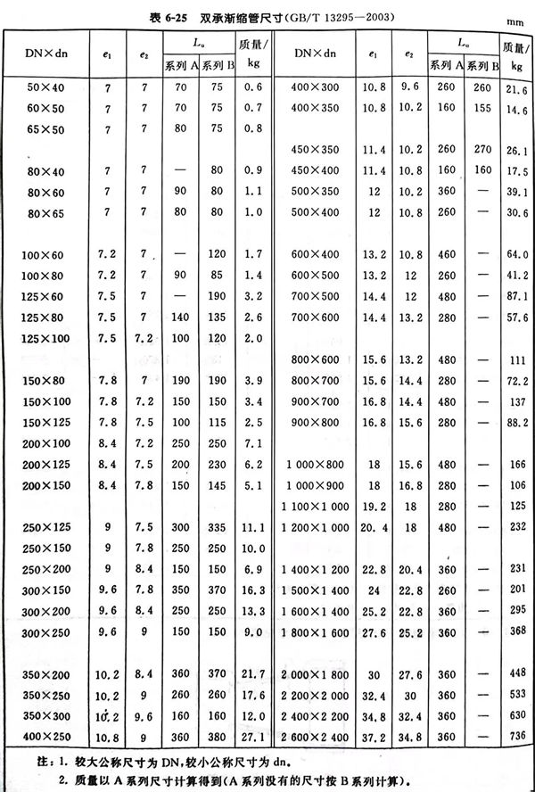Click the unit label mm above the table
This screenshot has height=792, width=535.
515,19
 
